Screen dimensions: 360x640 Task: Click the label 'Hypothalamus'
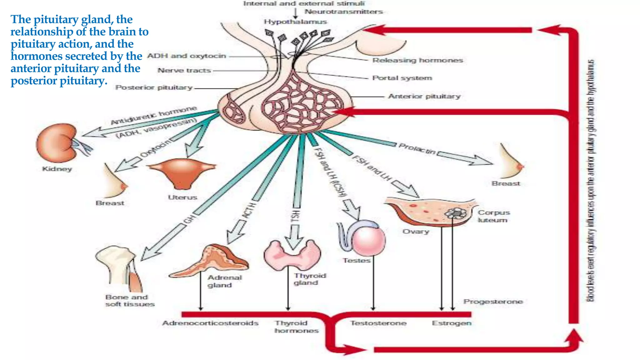click(x=295, y=22)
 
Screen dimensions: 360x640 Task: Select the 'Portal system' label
click(x=402, y=78)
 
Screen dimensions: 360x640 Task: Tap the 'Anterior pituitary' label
click(x=424, y=97)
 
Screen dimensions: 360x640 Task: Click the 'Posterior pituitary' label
click(x=154, y=88)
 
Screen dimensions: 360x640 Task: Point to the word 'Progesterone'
click(x=493, y=302)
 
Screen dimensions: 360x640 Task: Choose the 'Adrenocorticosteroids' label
click(x=210, y=323)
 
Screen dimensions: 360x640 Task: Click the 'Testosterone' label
click(x=378, y=323)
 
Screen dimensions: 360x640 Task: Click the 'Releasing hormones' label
click(x=417, y=60)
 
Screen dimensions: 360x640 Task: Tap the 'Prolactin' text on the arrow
click(x=417, y=149)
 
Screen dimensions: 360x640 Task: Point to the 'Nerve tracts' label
click(x=184, y=71)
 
